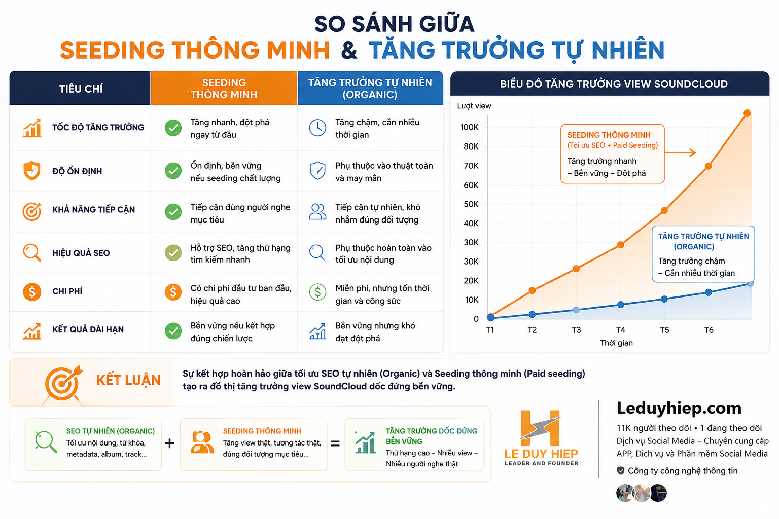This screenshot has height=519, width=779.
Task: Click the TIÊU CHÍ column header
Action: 81,89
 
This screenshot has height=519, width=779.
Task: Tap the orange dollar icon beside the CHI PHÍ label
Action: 32,291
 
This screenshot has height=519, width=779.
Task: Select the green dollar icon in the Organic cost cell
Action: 317,292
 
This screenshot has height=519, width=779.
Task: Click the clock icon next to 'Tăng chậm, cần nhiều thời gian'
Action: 317,128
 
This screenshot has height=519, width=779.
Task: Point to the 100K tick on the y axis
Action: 469,127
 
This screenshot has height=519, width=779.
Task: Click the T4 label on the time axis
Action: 620,330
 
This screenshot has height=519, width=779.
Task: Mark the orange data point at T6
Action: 709,166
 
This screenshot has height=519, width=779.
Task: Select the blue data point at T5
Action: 664,299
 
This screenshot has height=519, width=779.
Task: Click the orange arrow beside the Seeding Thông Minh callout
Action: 680,152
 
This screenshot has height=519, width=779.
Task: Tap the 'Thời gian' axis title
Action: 616,343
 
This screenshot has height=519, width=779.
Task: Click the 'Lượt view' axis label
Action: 474,106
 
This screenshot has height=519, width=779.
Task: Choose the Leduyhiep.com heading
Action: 679,408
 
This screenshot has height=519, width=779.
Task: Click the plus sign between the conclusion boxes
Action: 170,443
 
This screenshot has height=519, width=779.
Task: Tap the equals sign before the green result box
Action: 335,443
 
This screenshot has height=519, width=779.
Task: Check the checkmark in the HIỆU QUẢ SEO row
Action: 173,253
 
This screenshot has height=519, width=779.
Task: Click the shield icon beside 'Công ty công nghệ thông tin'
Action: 620,471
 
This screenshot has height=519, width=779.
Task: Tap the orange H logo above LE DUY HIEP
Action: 540,428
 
